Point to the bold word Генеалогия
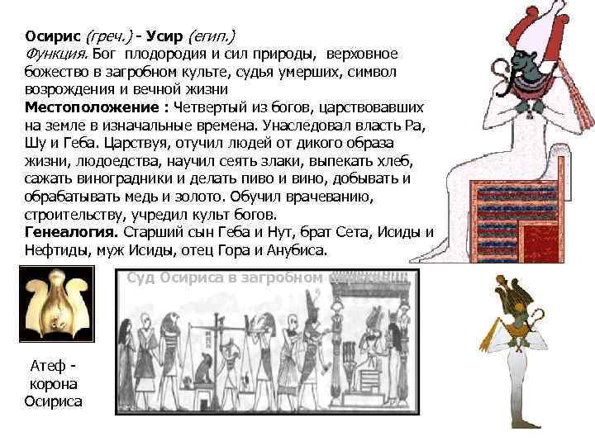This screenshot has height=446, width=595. [72, 230]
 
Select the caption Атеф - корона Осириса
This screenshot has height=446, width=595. [54, 385]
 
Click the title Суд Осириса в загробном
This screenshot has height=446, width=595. [225, 278]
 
